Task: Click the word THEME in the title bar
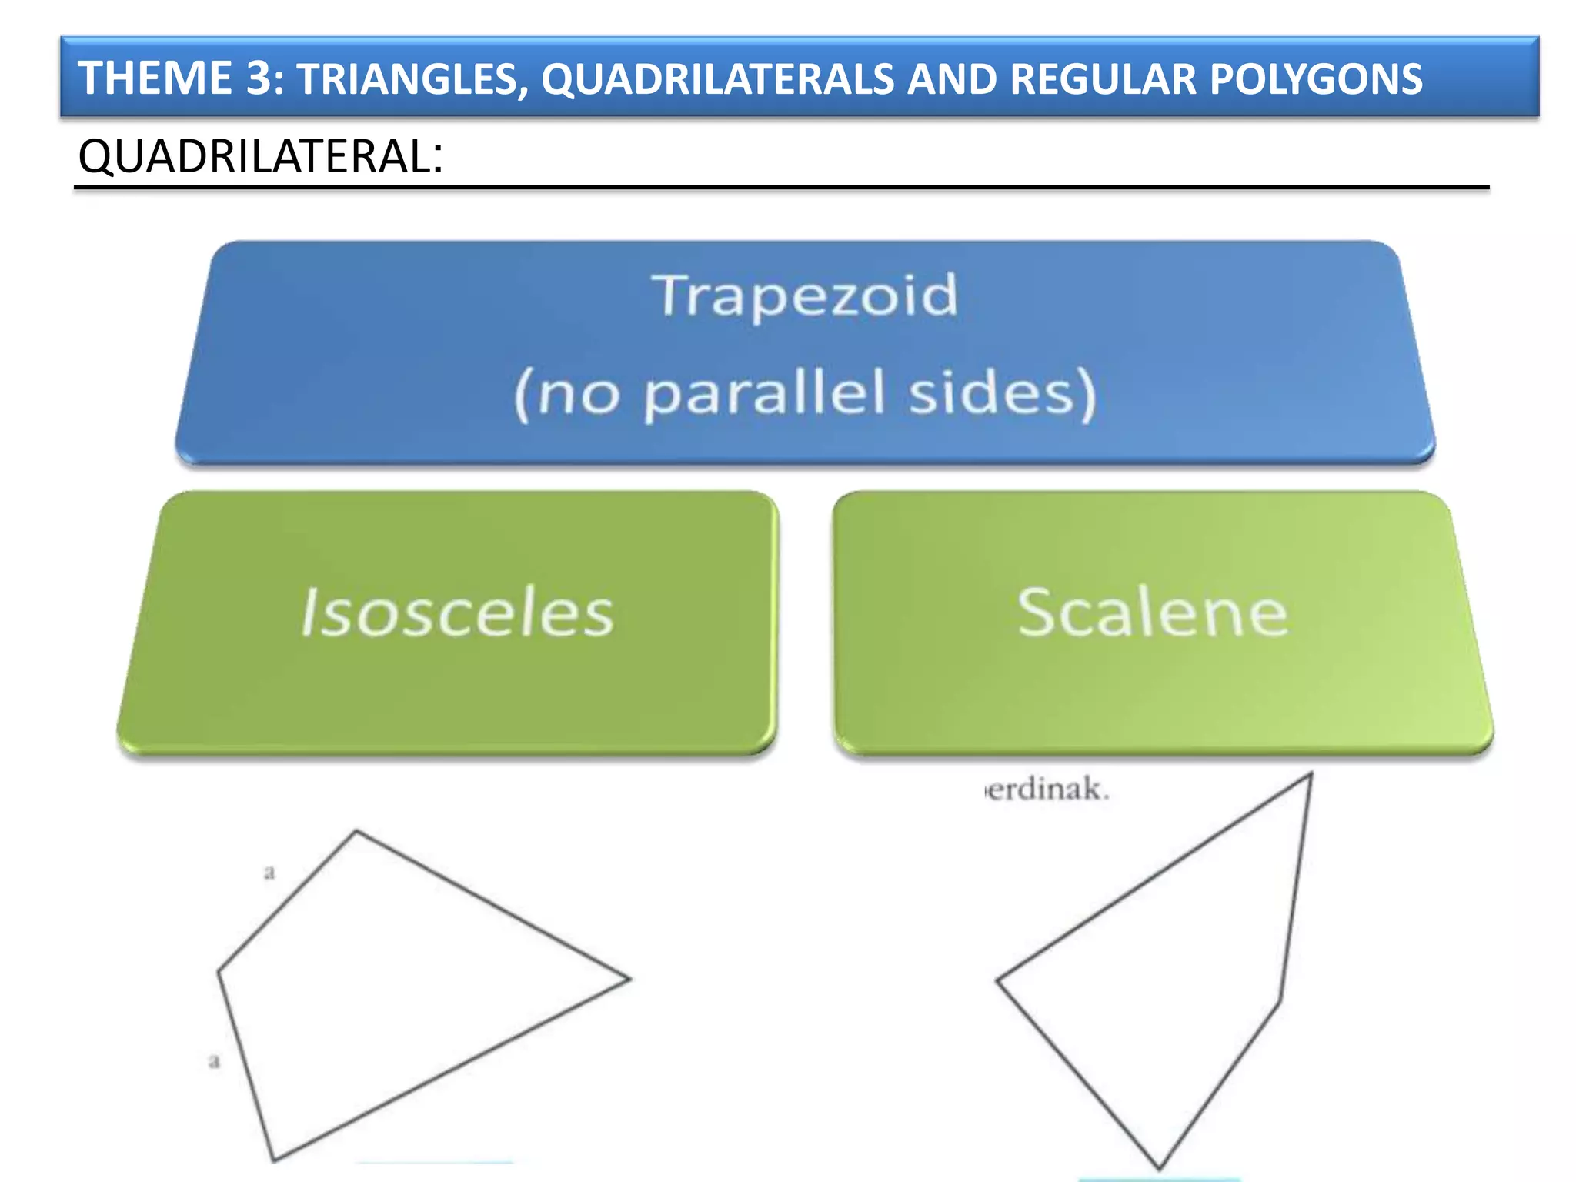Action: pyautogui.click(x=155, y=78)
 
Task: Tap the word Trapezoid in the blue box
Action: pyautogui.click(x=806, y=295)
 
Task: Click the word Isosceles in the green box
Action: pyautogui.click(x=457, y=613)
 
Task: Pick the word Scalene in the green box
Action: pyautogui.click(x=1152, y=613)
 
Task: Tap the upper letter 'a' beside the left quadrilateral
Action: pyautogui.click(x=269, y=873)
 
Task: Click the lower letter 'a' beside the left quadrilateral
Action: pyautogui.click(x=215, y=1062)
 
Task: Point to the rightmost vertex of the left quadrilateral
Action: pyautogui.click(x=629, y=979)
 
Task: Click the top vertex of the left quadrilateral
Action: pyautogui.click(x=356, y=831)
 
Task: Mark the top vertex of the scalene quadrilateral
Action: pyautogui.click(x=1311, y=775)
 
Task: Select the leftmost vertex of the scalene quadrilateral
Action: pyautogui.click(x=998, y=980)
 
